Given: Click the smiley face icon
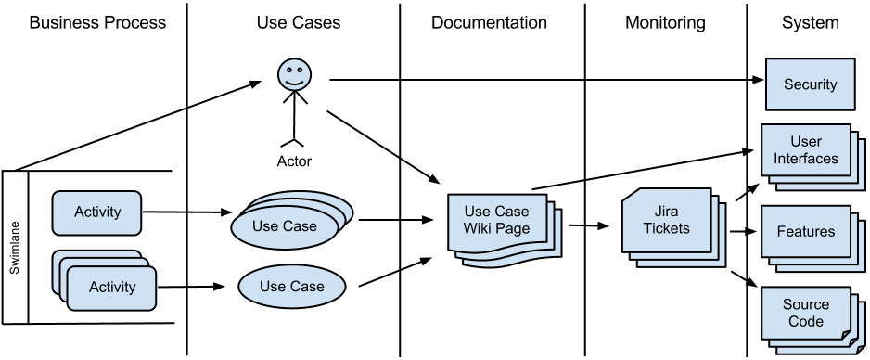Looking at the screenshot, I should coord(294,75).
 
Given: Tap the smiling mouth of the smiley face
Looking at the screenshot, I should coord(294,82).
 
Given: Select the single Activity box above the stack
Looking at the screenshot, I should coord(96,212).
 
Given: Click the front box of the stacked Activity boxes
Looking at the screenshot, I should coord(111,288).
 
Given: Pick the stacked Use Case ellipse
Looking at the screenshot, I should coord(285,226).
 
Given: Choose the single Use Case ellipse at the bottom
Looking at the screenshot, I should coord(291,287).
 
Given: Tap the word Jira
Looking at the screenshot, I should coord(667,212).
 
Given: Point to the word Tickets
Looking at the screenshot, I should coord(667,228).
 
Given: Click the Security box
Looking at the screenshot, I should coord(810,84).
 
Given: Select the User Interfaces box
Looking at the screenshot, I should coord(805,149).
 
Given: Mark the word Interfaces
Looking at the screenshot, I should coord(805,158).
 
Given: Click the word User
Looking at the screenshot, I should coord(805,141).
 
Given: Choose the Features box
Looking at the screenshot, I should coord(805,232).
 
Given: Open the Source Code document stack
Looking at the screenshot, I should coord(805,313).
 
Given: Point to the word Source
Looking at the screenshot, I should coord(805,304).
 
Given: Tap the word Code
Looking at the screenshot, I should coord(805,321).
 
